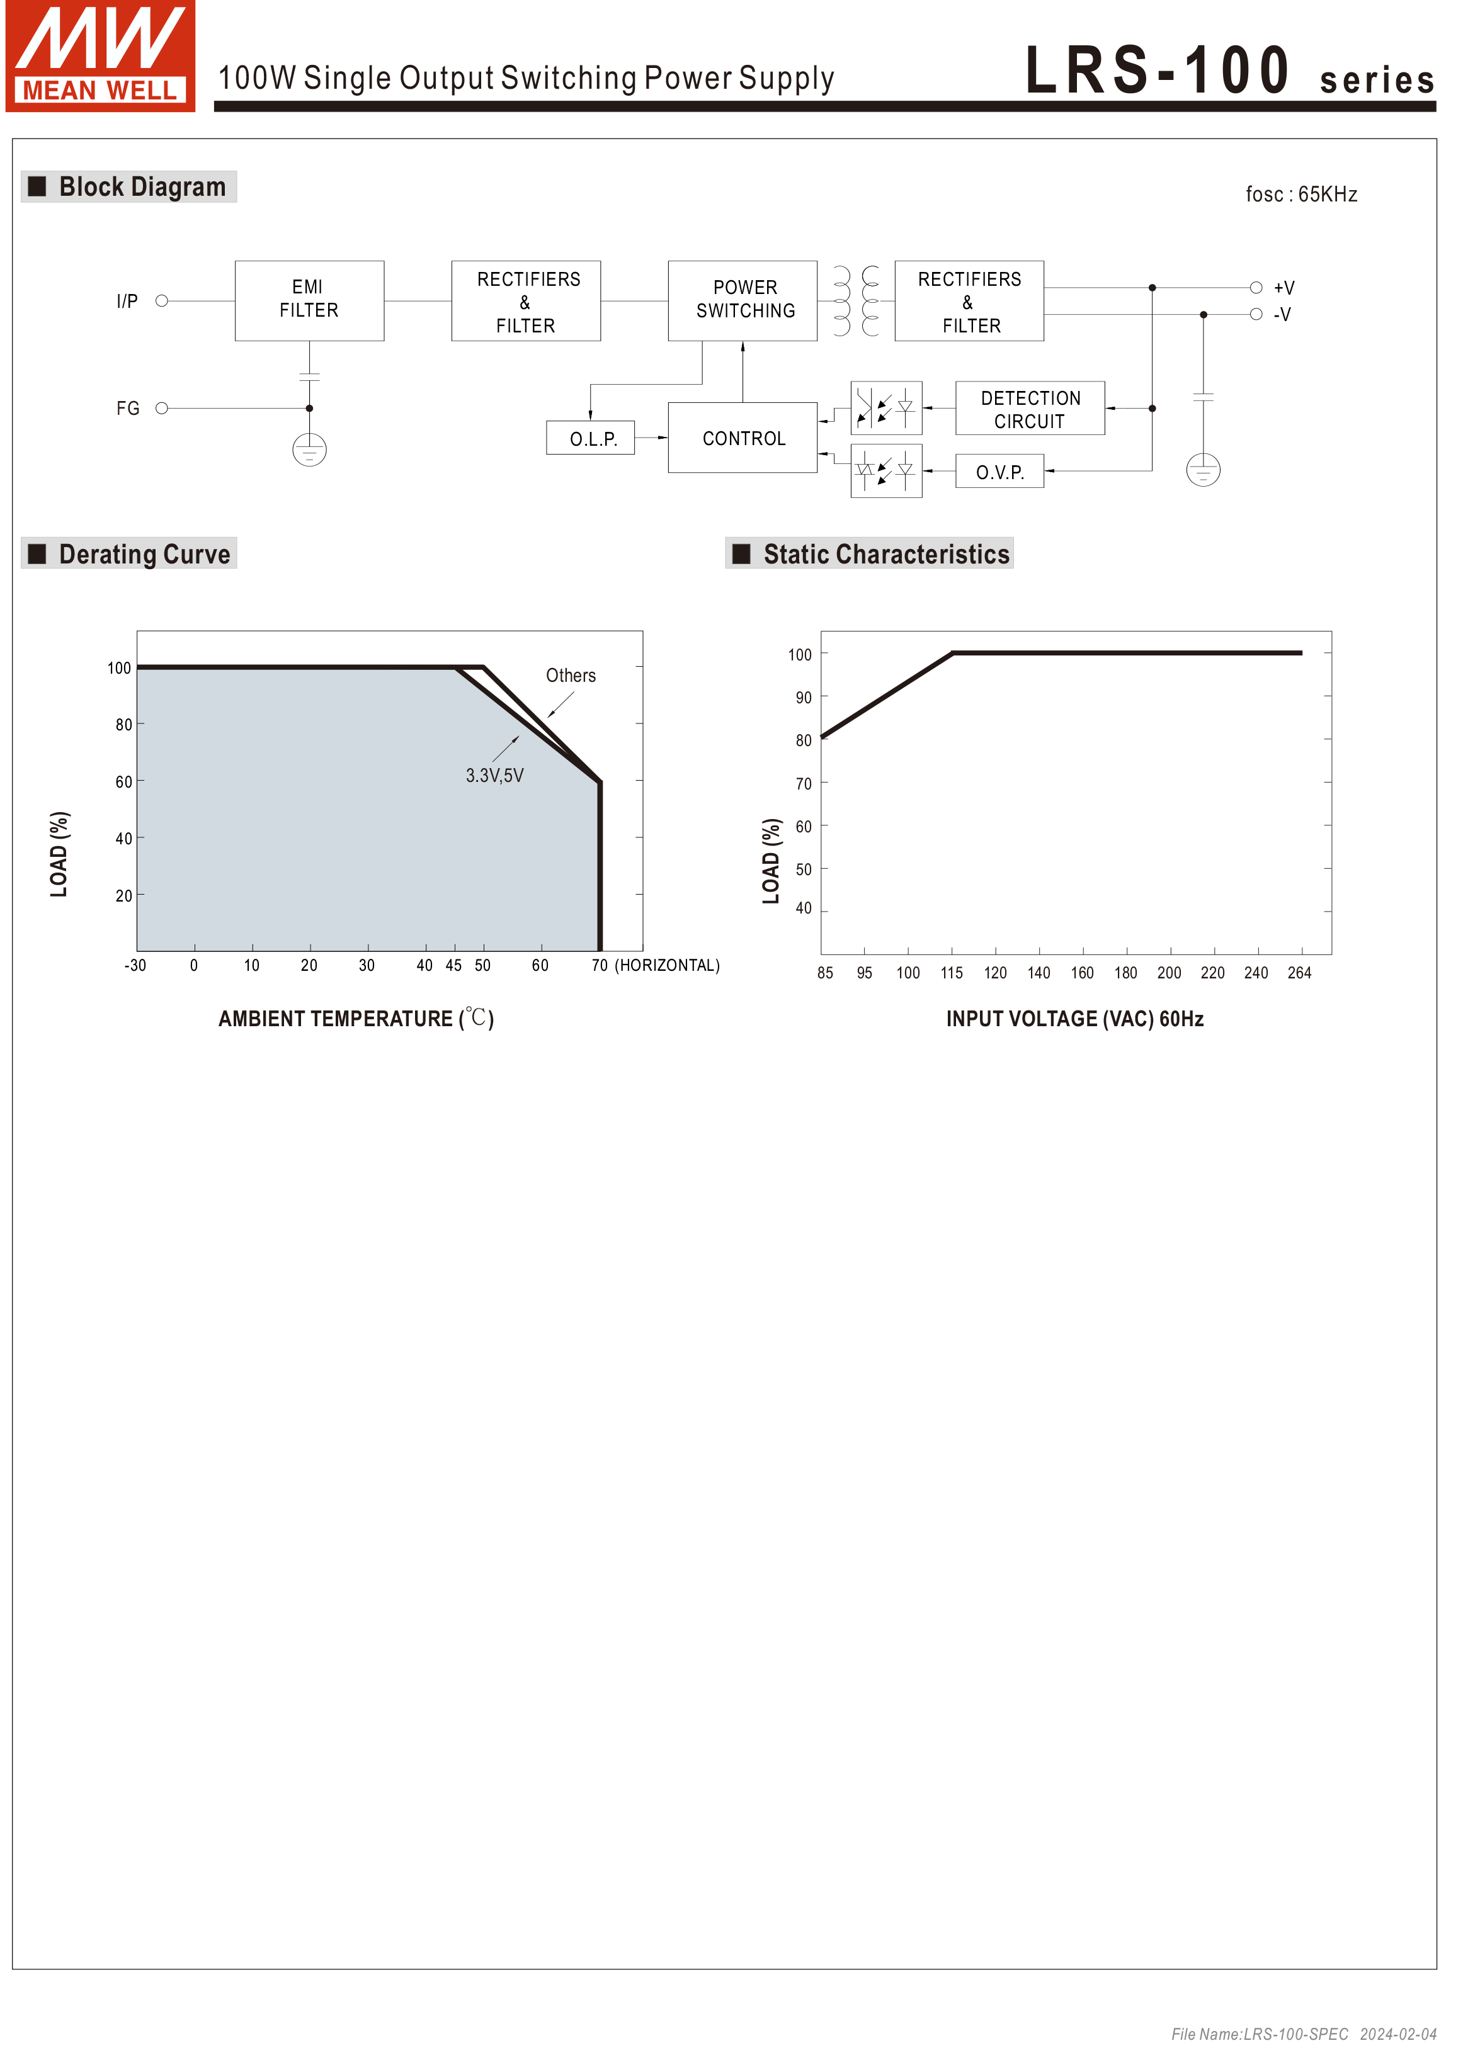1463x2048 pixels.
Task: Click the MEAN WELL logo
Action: click(x=100, y=56)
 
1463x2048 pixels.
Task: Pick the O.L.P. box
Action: click(x=591, y=439)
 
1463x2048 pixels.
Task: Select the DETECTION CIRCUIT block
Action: click(x=1030, y=409)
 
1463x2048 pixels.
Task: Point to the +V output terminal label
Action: click(x=1284, y=288)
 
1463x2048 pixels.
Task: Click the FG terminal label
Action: click(x=128, y=409)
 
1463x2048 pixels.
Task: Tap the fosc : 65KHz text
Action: click(x=1301, y=195)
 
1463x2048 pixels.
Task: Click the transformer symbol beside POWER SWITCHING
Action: click(x=856, y=301)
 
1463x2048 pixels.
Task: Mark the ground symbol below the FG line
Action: click(x=309, y=450)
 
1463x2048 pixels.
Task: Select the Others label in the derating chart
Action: click(x=570, y=676)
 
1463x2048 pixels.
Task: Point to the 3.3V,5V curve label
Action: click(x=494, y=776)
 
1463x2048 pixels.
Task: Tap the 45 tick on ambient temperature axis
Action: click(x=454, y=966)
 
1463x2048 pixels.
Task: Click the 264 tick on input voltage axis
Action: click(x=1299, y=973)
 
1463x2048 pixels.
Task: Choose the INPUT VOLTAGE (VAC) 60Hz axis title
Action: click(x=1074, y=1019)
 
